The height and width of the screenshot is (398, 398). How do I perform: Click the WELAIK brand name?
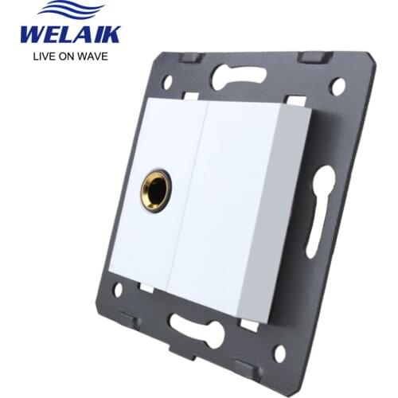[71, 35]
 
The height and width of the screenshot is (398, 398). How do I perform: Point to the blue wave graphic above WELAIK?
[71, 10]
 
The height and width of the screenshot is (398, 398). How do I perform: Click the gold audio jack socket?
[156, 190]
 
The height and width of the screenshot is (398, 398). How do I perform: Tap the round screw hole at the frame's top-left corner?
[167, 83]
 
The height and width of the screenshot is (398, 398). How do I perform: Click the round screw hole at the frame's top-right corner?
[338, 87]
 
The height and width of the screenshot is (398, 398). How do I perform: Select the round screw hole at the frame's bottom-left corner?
[118, 289]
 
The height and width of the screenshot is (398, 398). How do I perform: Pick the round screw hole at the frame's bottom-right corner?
[280, 353]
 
